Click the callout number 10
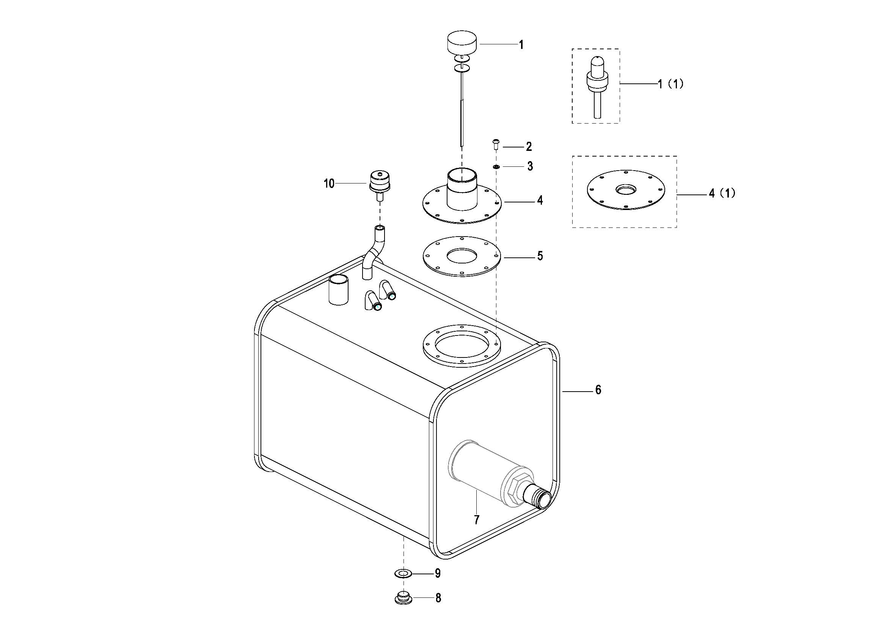pos(329,184)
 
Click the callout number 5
pos(540,256)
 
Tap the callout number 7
pos(477,520)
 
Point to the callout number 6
pos(598,390)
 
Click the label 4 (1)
pos(722,193)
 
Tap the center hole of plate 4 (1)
pos(625,190)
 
